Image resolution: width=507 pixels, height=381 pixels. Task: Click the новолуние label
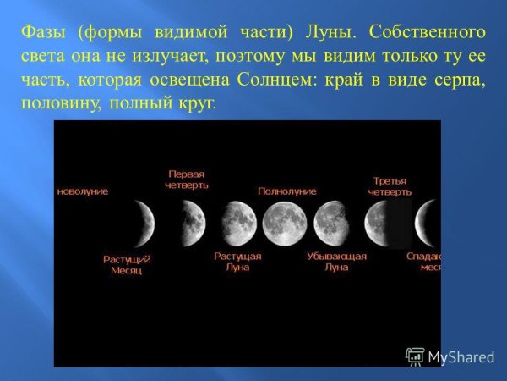pos(82,191)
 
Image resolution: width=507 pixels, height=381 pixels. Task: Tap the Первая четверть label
pos(188,179)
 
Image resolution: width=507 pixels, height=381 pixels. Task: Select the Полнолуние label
pos(286,191)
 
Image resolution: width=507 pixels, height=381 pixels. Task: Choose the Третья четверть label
pos(390,186)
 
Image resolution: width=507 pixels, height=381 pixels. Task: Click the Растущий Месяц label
pos(127,264)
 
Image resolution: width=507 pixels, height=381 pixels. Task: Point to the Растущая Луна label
pos(237,261)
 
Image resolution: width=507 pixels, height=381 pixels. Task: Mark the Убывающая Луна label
pos(336,261)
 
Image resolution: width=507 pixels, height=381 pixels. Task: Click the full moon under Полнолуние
pos(284,223)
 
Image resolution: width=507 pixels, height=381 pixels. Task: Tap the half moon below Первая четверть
pos(194,223)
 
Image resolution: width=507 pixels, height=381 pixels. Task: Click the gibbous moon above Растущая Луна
pos(238,223)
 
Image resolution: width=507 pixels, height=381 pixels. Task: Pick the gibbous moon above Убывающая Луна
pos(330,223)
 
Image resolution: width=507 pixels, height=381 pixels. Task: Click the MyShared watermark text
pos(461,357)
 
